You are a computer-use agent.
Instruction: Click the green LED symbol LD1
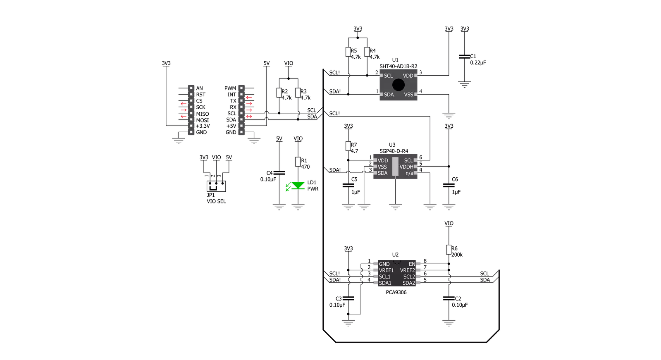(298, 186)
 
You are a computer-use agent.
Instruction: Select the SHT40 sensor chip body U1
(399, 85)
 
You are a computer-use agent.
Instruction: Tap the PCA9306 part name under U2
(396, 293)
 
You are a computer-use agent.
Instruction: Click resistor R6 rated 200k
(449, 250)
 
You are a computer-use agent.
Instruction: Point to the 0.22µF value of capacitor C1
(478, 62)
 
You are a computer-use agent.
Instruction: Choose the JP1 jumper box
(216, 186)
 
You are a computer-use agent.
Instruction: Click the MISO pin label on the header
(203, 114)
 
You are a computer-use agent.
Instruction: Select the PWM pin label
(230, 88)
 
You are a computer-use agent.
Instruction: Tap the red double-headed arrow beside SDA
(249, 116)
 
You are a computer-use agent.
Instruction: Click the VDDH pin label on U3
(406, 167)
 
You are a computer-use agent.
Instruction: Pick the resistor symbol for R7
(348, 146)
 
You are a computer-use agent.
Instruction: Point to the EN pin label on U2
(412, 264)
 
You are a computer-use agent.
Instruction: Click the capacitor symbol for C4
(279, 173)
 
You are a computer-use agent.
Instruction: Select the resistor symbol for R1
(298, 162)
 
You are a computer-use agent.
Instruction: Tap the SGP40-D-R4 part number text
(394, 151)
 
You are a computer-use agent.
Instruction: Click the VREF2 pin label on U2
(408, 270)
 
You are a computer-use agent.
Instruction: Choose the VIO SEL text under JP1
(216, 202)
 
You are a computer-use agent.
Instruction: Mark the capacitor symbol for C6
(449, 185)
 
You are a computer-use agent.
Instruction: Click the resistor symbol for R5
(348, 52)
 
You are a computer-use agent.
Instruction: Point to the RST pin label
(200, 95)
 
